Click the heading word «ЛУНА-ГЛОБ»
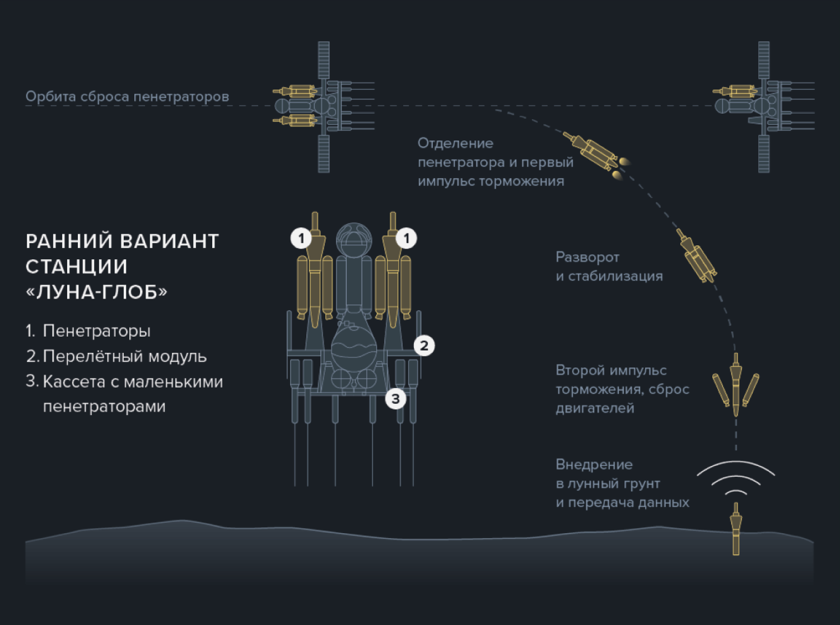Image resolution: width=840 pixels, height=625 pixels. (x=96, y=292)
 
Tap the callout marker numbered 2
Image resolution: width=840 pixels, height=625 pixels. (x=424, y=346)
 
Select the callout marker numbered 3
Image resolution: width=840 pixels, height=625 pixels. (x=396, y=399)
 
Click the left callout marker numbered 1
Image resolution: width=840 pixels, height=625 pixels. (x=301, y=238)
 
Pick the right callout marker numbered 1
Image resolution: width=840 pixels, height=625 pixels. (x=407, y=238)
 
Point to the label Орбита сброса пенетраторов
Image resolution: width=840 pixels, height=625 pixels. (x=127, y=96)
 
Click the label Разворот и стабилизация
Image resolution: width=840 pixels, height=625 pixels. (x=609, y=267)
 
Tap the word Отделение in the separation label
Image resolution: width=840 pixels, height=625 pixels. (x=456, y=143)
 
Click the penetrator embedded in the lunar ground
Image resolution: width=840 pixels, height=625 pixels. (x=736, y=529)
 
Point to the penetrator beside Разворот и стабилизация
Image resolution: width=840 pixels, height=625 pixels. (x=696, y=256)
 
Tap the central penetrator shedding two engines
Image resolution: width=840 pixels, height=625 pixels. (x=736, y=385)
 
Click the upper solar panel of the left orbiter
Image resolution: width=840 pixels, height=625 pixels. (x=324, y=60)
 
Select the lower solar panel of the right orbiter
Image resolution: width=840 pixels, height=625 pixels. (x=763, y=154)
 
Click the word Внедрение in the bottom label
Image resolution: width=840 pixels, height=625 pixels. (x=594, y=464)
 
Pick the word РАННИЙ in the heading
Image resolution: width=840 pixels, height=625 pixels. (x=69, y=241)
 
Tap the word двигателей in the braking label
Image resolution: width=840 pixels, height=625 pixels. (x=595, y=408)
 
